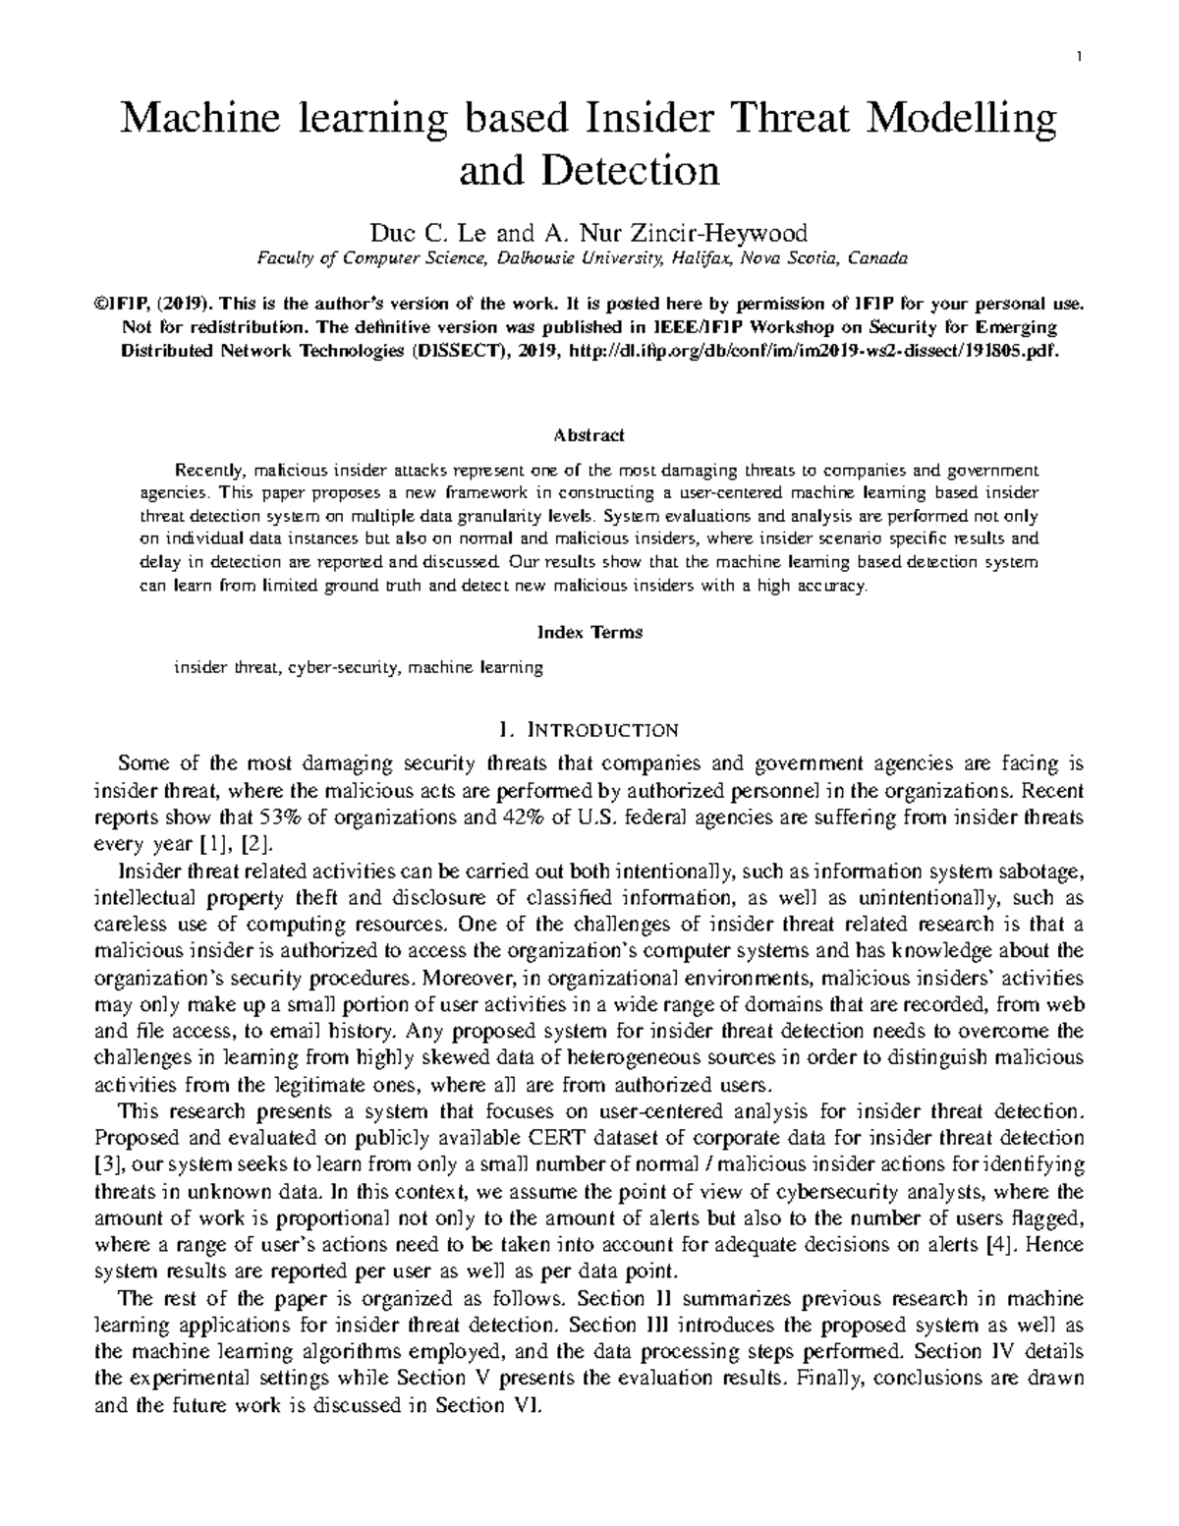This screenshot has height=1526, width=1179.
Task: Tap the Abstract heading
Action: (x=589, y=435)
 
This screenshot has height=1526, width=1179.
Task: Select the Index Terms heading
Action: (x=589, y=633)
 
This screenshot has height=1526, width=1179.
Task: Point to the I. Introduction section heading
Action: (x=589, y=730)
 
